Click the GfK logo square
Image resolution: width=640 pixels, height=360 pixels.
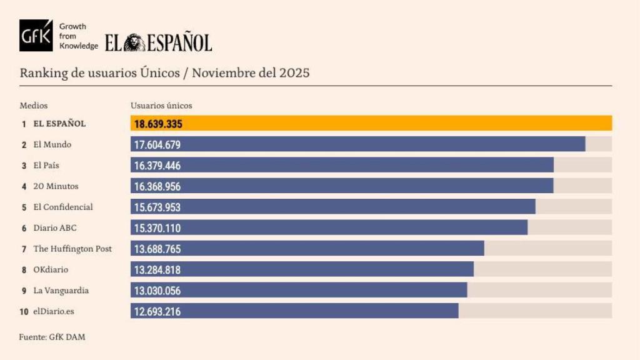point(36,36)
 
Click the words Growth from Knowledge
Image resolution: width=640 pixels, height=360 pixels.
point(78,36)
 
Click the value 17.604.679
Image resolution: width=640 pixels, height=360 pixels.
point(157,145)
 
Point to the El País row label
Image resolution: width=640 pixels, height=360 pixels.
point(46,166)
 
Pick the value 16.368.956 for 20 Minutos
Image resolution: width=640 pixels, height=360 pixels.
point(157,186)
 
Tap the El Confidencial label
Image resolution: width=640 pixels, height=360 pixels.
point(62,207)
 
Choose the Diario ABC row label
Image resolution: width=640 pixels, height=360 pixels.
point(55,228)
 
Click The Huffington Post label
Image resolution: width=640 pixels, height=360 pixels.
point(72,249)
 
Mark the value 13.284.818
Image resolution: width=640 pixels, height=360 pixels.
point(157,270)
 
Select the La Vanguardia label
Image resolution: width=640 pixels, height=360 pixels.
point(61,291)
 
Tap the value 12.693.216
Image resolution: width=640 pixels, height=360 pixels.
point(157,311)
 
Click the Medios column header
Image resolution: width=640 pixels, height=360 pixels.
point(33,106)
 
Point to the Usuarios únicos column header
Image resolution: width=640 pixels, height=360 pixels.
point(161,106)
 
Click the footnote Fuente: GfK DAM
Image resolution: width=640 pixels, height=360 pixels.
point(52,337)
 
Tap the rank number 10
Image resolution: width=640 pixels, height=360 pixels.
point(24,311)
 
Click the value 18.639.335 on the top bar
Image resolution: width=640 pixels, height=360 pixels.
point(158,124)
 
